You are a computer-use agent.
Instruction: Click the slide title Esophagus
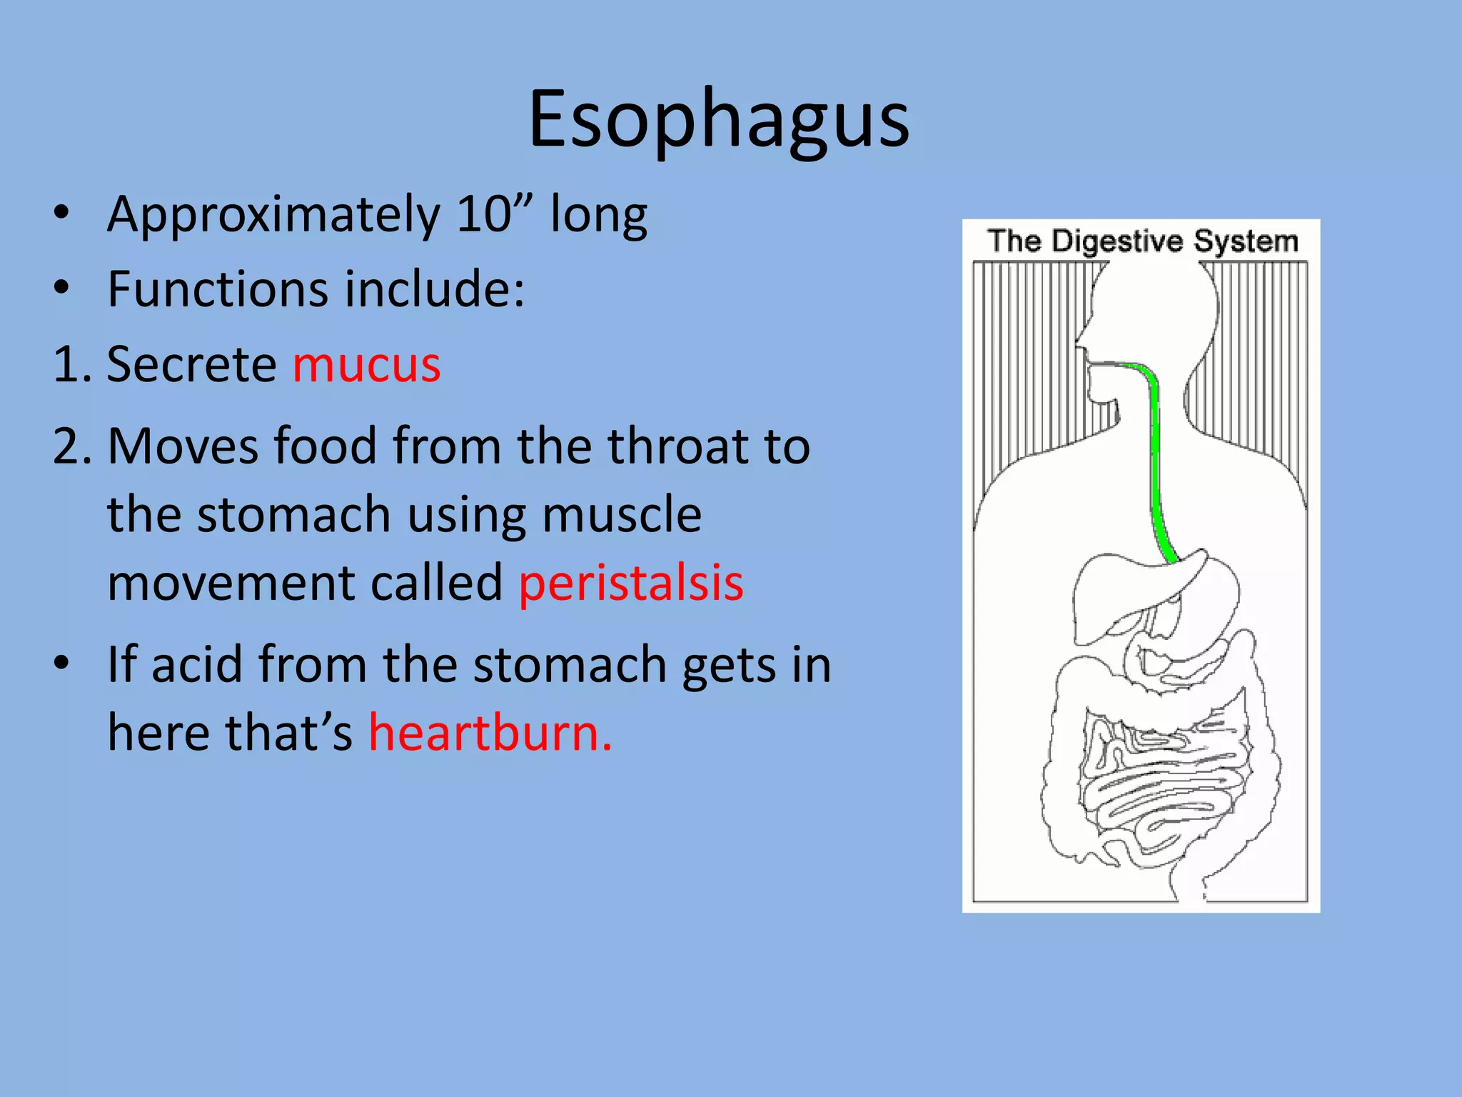(718, 120)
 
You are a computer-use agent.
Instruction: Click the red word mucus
(366, 366)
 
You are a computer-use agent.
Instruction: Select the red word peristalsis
(631, 583)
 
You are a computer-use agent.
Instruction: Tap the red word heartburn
(490, 733)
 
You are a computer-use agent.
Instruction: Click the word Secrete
(191, 365)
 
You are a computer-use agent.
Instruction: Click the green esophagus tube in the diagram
(1155, 457)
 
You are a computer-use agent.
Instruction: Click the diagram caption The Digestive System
(1142, 241)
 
